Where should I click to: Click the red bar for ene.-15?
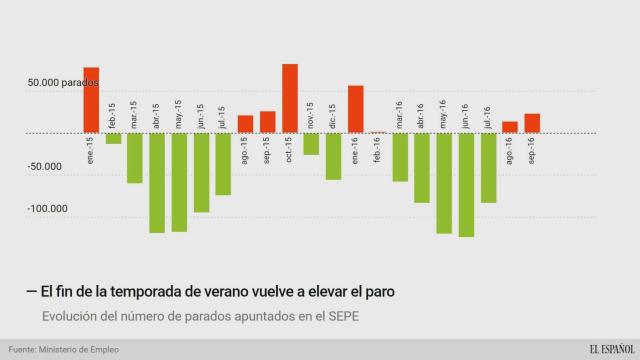pyautogui.click(x=91, y=99)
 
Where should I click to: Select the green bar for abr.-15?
pyautogui.click(x=157, y=182)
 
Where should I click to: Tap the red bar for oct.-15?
pyautogui.click(x=290, y=98)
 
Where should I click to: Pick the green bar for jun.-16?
pyautogui.click(x=466, y=184)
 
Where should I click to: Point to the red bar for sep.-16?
pyautogui.click(x=532, y=123)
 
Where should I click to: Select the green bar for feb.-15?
pyautogui.click(x=113, y=138)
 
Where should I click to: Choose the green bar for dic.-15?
pyautogui.click(x=333, y=156)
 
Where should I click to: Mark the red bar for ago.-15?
pyautogui.click(x=245, y=124)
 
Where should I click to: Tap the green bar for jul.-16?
pyautogui.click(x=488, y=167)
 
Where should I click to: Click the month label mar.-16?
pyautogui.click(x=399, y=115)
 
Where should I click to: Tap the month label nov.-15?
pyautogui.click(x=311, y=115)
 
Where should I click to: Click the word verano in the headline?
pyautogui.click(x=218, y=290)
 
